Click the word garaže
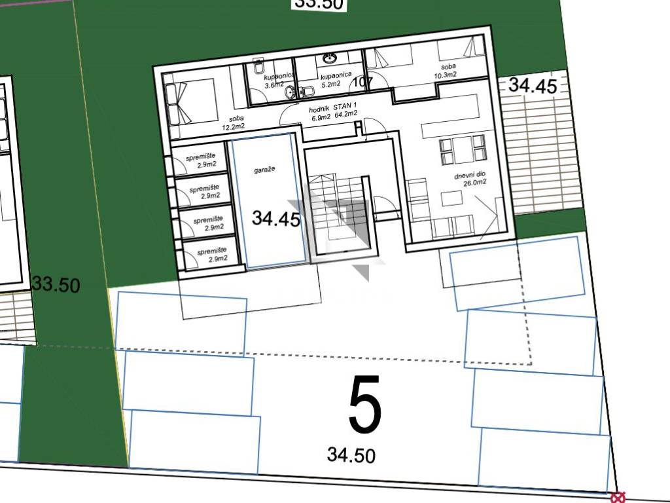pos(264,170)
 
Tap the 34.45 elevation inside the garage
pos(276,218)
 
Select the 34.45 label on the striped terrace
pos(533,85)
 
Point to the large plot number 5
pos(364,403)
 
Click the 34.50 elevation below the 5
pos(351,455)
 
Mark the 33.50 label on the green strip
pos(56,284)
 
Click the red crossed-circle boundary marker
pos(618,498)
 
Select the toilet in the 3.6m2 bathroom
pos(258,67)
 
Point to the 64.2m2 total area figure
pos(346,115)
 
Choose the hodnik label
pos(319,109)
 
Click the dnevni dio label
pos(470,176)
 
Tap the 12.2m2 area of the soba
pos(234,126)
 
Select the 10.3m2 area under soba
pos(445,75)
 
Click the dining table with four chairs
pos(463,150)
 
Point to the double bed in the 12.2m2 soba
pos(190,102)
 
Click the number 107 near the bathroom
pos(364,82)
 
